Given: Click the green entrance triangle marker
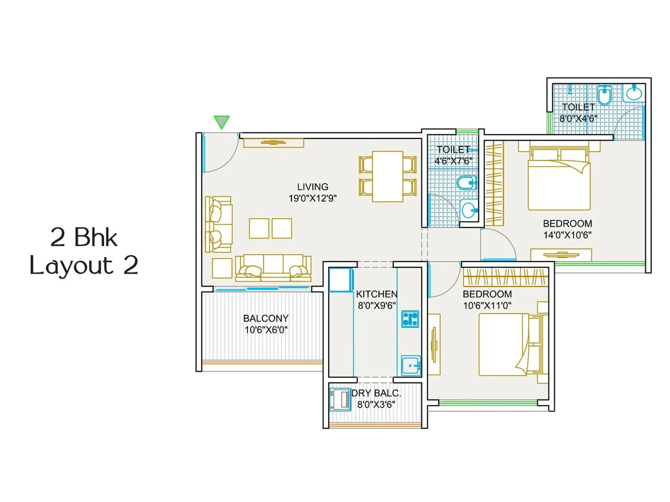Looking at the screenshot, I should point(221,122).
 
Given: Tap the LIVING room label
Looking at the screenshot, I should point(312,187).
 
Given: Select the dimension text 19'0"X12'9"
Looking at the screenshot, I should point(312,198).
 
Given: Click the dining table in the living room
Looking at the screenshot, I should point(387,176).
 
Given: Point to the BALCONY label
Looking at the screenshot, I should point(265,318).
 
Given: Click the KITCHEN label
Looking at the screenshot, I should point(376,294).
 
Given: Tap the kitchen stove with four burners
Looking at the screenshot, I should point(410,319).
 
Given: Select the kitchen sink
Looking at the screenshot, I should point(410,366).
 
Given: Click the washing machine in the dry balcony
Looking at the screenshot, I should point(340,399).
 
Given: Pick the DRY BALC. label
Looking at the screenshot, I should point(376,393).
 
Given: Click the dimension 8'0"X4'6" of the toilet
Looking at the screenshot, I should point(578,118).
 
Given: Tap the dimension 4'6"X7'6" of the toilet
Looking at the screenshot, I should point(453,161).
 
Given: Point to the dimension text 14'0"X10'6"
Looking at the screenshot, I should point(567,235).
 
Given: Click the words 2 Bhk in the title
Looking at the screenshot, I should point(84,238).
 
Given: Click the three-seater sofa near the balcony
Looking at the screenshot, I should point(273,268).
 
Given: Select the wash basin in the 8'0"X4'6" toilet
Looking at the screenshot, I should point(634,93).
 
